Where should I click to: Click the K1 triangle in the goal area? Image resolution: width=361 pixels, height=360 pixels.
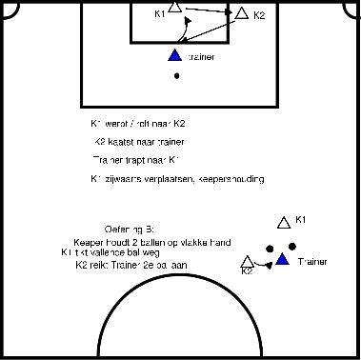[x=173, y=9]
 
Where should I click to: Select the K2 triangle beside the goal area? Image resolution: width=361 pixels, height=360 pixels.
[x=241, y=14]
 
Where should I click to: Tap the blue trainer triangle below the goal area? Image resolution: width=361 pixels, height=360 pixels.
[x=173, y=57]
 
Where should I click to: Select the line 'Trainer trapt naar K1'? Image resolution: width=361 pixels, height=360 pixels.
[x=139, y=159]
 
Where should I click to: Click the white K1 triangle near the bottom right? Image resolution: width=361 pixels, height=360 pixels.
[x=282, y=224]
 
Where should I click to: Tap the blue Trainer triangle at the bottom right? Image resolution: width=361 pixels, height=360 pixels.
[x=282, y=260]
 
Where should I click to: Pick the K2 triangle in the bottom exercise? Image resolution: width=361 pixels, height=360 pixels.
[x=250, y=262]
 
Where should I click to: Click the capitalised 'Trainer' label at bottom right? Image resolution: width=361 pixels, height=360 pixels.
[x=312, y=261]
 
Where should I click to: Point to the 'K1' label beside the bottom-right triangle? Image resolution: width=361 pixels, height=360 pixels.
[x=301, y=221]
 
